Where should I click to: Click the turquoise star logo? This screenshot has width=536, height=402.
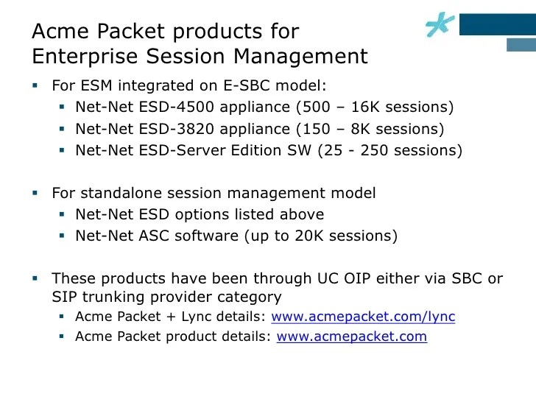click(x=440, y=24)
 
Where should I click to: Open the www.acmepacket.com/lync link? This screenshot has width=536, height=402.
click(x=363, y=317)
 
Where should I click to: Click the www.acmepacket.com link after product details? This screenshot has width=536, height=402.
click(x=352, y=336)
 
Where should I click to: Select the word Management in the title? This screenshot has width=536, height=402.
click(x=300, y=57)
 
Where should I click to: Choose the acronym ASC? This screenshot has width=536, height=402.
click(x=154, y=236)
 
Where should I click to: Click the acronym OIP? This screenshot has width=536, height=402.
click(x=357, y=278)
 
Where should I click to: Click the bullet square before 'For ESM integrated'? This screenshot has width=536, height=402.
click(x=35, y=85)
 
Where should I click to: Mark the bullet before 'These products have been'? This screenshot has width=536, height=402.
click(x=35, y=278)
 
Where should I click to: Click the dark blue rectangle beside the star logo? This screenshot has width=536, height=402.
click(x=498, y=24)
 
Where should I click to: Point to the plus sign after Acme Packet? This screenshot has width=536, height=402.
click(x=171, y=317)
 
